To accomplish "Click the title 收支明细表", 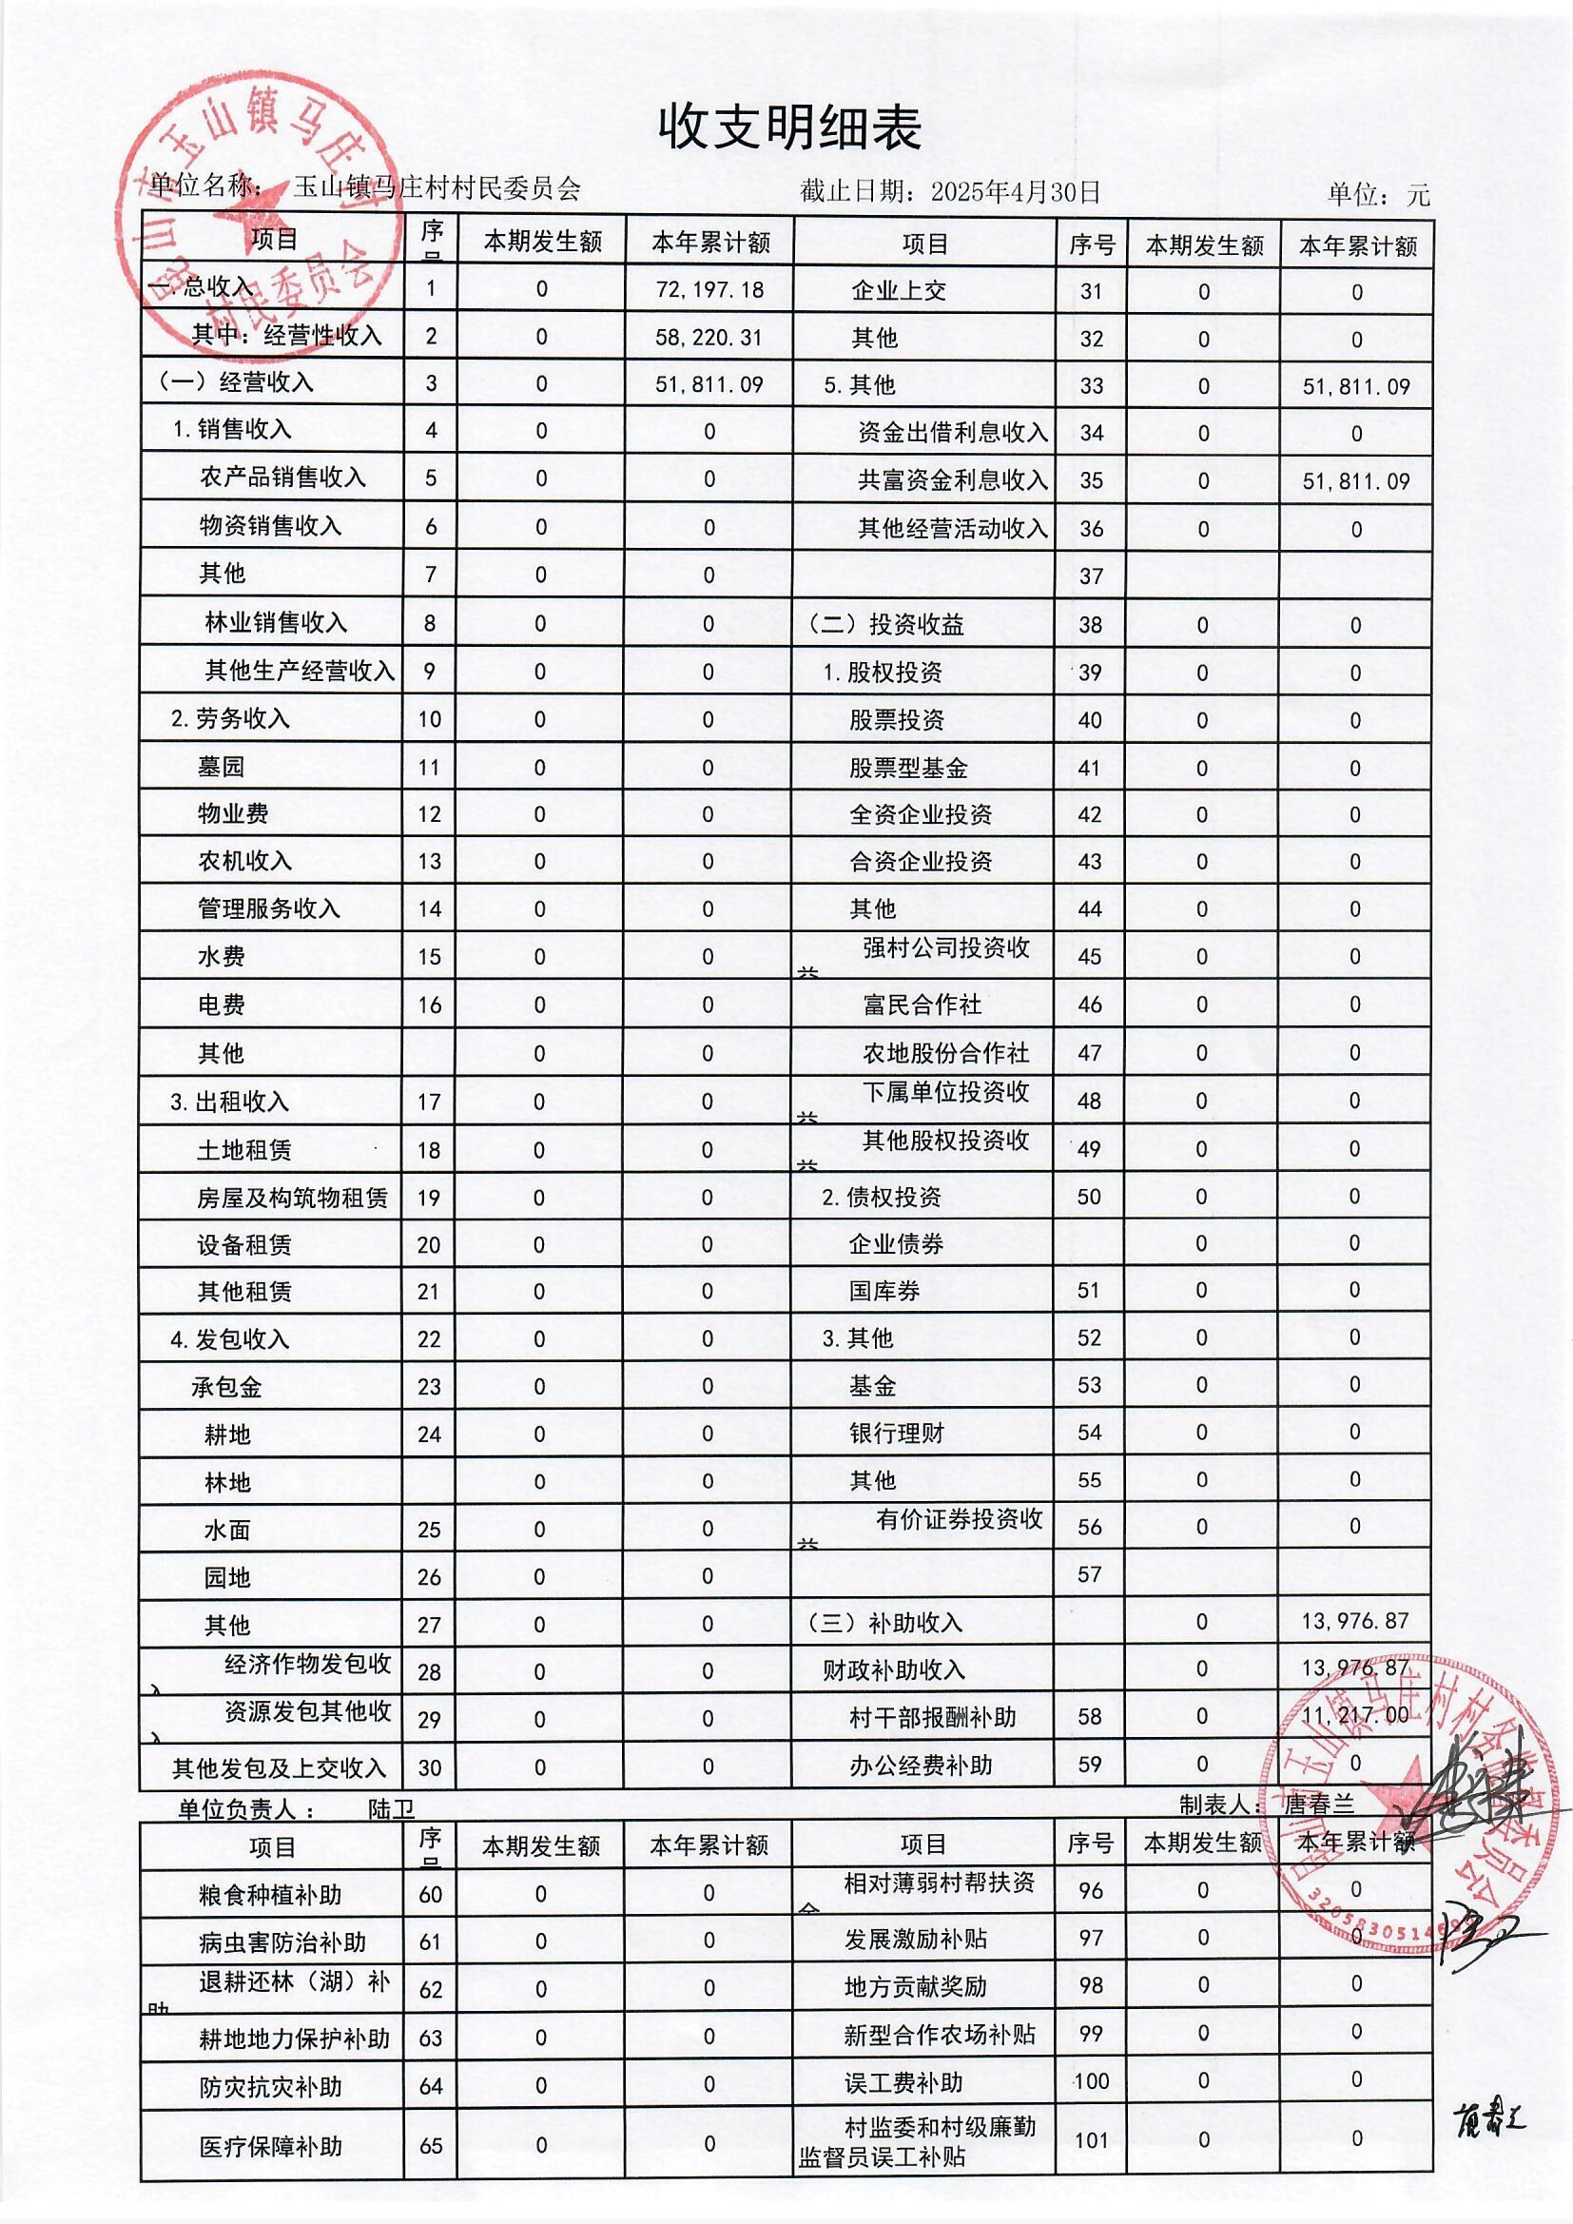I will click(789, 127).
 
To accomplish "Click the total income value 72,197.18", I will click(709, 288).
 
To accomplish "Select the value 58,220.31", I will click(709, 336).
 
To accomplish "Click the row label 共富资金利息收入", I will click(952, 480).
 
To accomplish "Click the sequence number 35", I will click(1091, 481).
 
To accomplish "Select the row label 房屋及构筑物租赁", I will click(292, 1199).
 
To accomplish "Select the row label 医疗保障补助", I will click(270, 2174).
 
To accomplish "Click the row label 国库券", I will click(884, 1291).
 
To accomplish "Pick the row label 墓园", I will click(221, 767).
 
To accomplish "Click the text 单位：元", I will click(1377, 195).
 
